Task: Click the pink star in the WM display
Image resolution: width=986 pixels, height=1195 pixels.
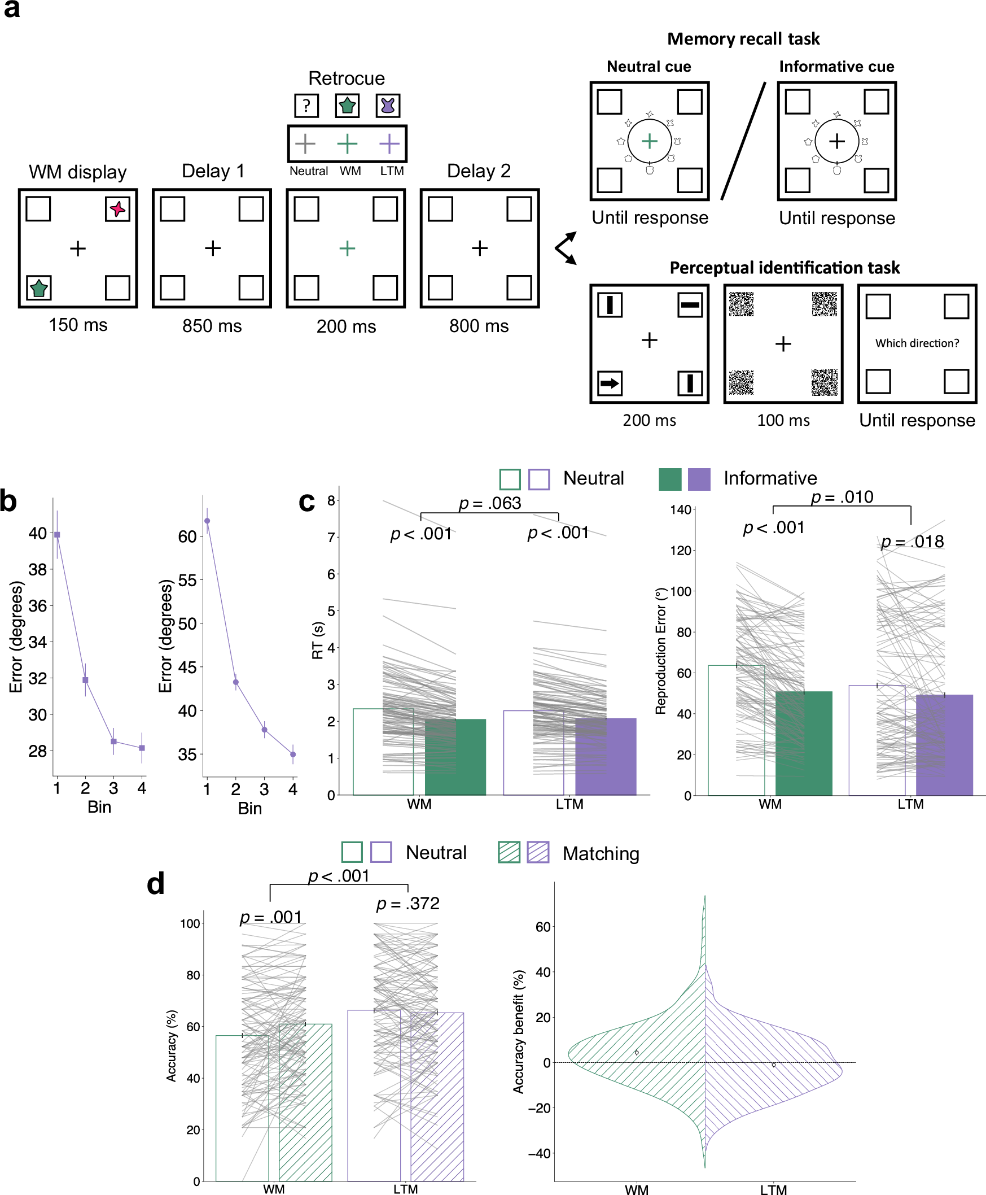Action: click(117, 209)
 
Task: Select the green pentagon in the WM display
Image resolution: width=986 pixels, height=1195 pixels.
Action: click(38, 288)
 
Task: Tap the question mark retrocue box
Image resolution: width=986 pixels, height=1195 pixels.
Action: click(306, 106)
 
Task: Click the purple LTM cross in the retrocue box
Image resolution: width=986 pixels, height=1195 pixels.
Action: click(389, 144)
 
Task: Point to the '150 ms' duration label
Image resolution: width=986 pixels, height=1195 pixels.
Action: click(78, 325)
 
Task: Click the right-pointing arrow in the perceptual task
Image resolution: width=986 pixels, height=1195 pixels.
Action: click(610, 383)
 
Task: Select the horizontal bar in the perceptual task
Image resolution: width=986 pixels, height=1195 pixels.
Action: click(690, 305)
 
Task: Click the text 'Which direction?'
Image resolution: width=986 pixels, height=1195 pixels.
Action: click(917, 343)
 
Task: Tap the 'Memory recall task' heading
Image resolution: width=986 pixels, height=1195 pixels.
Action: click(743, 38)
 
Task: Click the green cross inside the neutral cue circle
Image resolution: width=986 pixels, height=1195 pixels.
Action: click(649, 141)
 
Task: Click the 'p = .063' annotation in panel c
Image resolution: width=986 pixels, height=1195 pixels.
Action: click(489, 503)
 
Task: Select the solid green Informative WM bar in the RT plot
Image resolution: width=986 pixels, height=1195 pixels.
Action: click(455, 757)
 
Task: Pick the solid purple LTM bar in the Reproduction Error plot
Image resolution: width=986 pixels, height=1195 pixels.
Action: click(944, 744)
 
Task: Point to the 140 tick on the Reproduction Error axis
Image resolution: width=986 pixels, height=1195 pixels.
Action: click(681, 510)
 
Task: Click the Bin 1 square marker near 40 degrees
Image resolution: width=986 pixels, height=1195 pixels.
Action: click(57, 535)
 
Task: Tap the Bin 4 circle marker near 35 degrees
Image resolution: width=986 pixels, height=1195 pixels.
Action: click(292, 754)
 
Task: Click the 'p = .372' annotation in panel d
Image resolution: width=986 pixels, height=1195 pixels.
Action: click(408, 904)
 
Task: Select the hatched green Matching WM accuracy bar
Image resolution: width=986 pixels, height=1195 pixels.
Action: click(305, 1102)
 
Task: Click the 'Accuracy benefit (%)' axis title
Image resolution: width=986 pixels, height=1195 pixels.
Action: click(518, 1031)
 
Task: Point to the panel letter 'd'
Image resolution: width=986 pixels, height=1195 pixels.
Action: click(156, 885)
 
